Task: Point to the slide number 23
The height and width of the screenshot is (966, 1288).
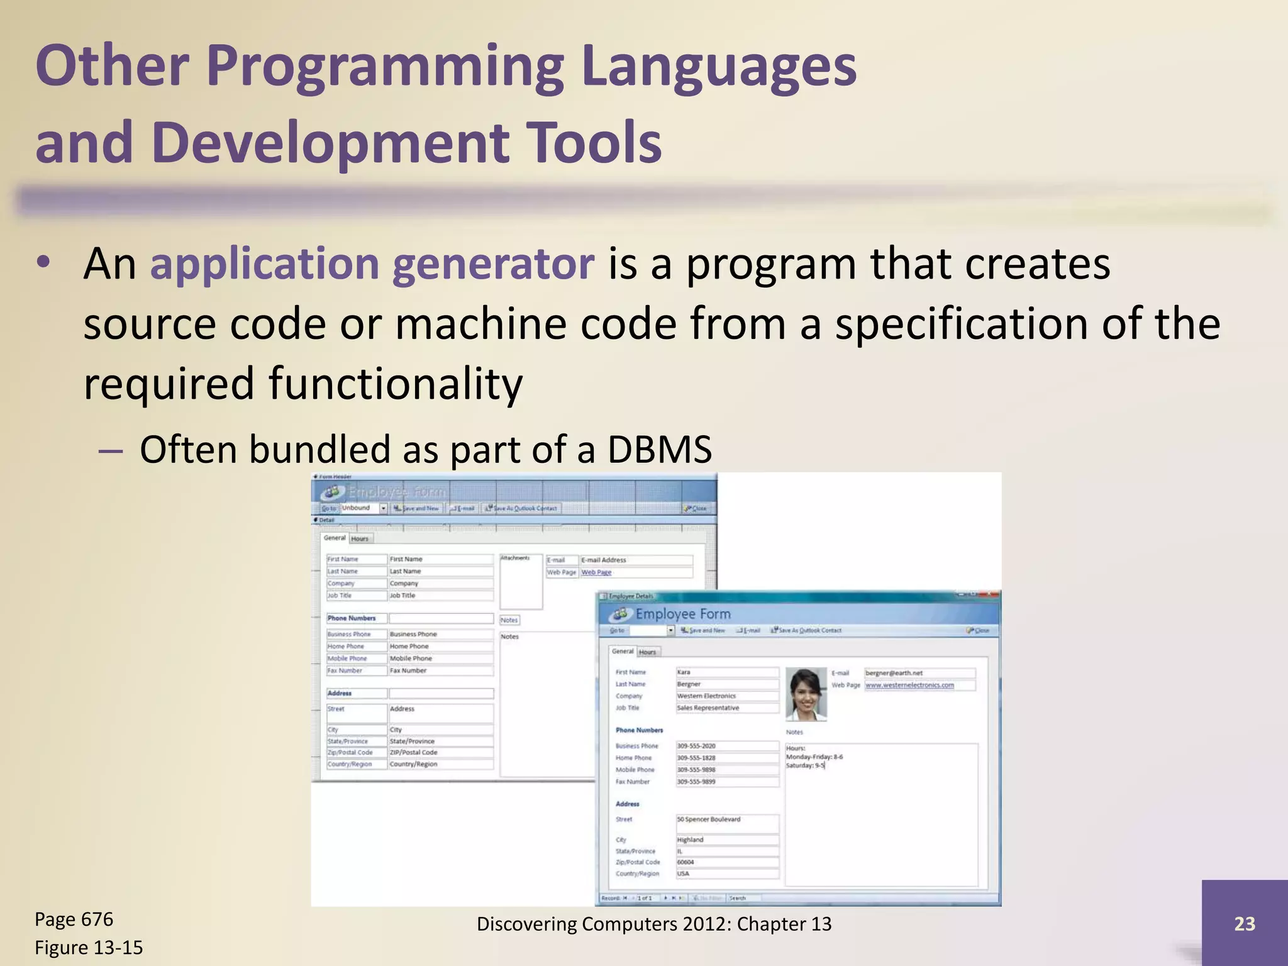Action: [x=1244, y=923]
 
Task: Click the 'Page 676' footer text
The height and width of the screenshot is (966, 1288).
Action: [x=74, y=919]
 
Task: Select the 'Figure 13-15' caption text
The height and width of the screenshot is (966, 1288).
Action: [x=89, y=948]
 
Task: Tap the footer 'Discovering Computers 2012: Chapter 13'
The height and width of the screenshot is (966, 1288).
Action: [x=653, y=924]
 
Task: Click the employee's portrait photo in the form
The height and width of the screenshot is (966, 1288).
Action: [x=806, y=694]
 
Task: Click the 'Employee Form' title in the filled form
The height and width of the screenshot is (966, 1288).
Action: [x=682, y=614]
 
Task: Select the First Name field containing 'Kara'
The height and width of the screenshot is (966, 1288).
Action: [x=726, y=672]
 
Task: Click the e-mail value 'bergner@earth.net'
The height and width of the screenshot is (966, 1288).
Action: [x=894, y=673]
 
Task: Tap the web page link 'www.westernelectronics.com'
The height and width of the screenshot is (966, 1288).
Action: [x=909, y=685]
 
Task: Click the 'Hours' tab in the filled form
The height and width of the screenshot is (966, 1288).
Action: [x=648, y=652]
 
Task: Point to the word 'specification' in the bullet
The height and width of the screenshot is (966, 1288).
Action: [x=962, y=323]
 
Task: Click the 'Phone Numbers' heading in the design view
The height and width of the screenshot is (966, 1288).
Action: [x=352, y=618]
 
